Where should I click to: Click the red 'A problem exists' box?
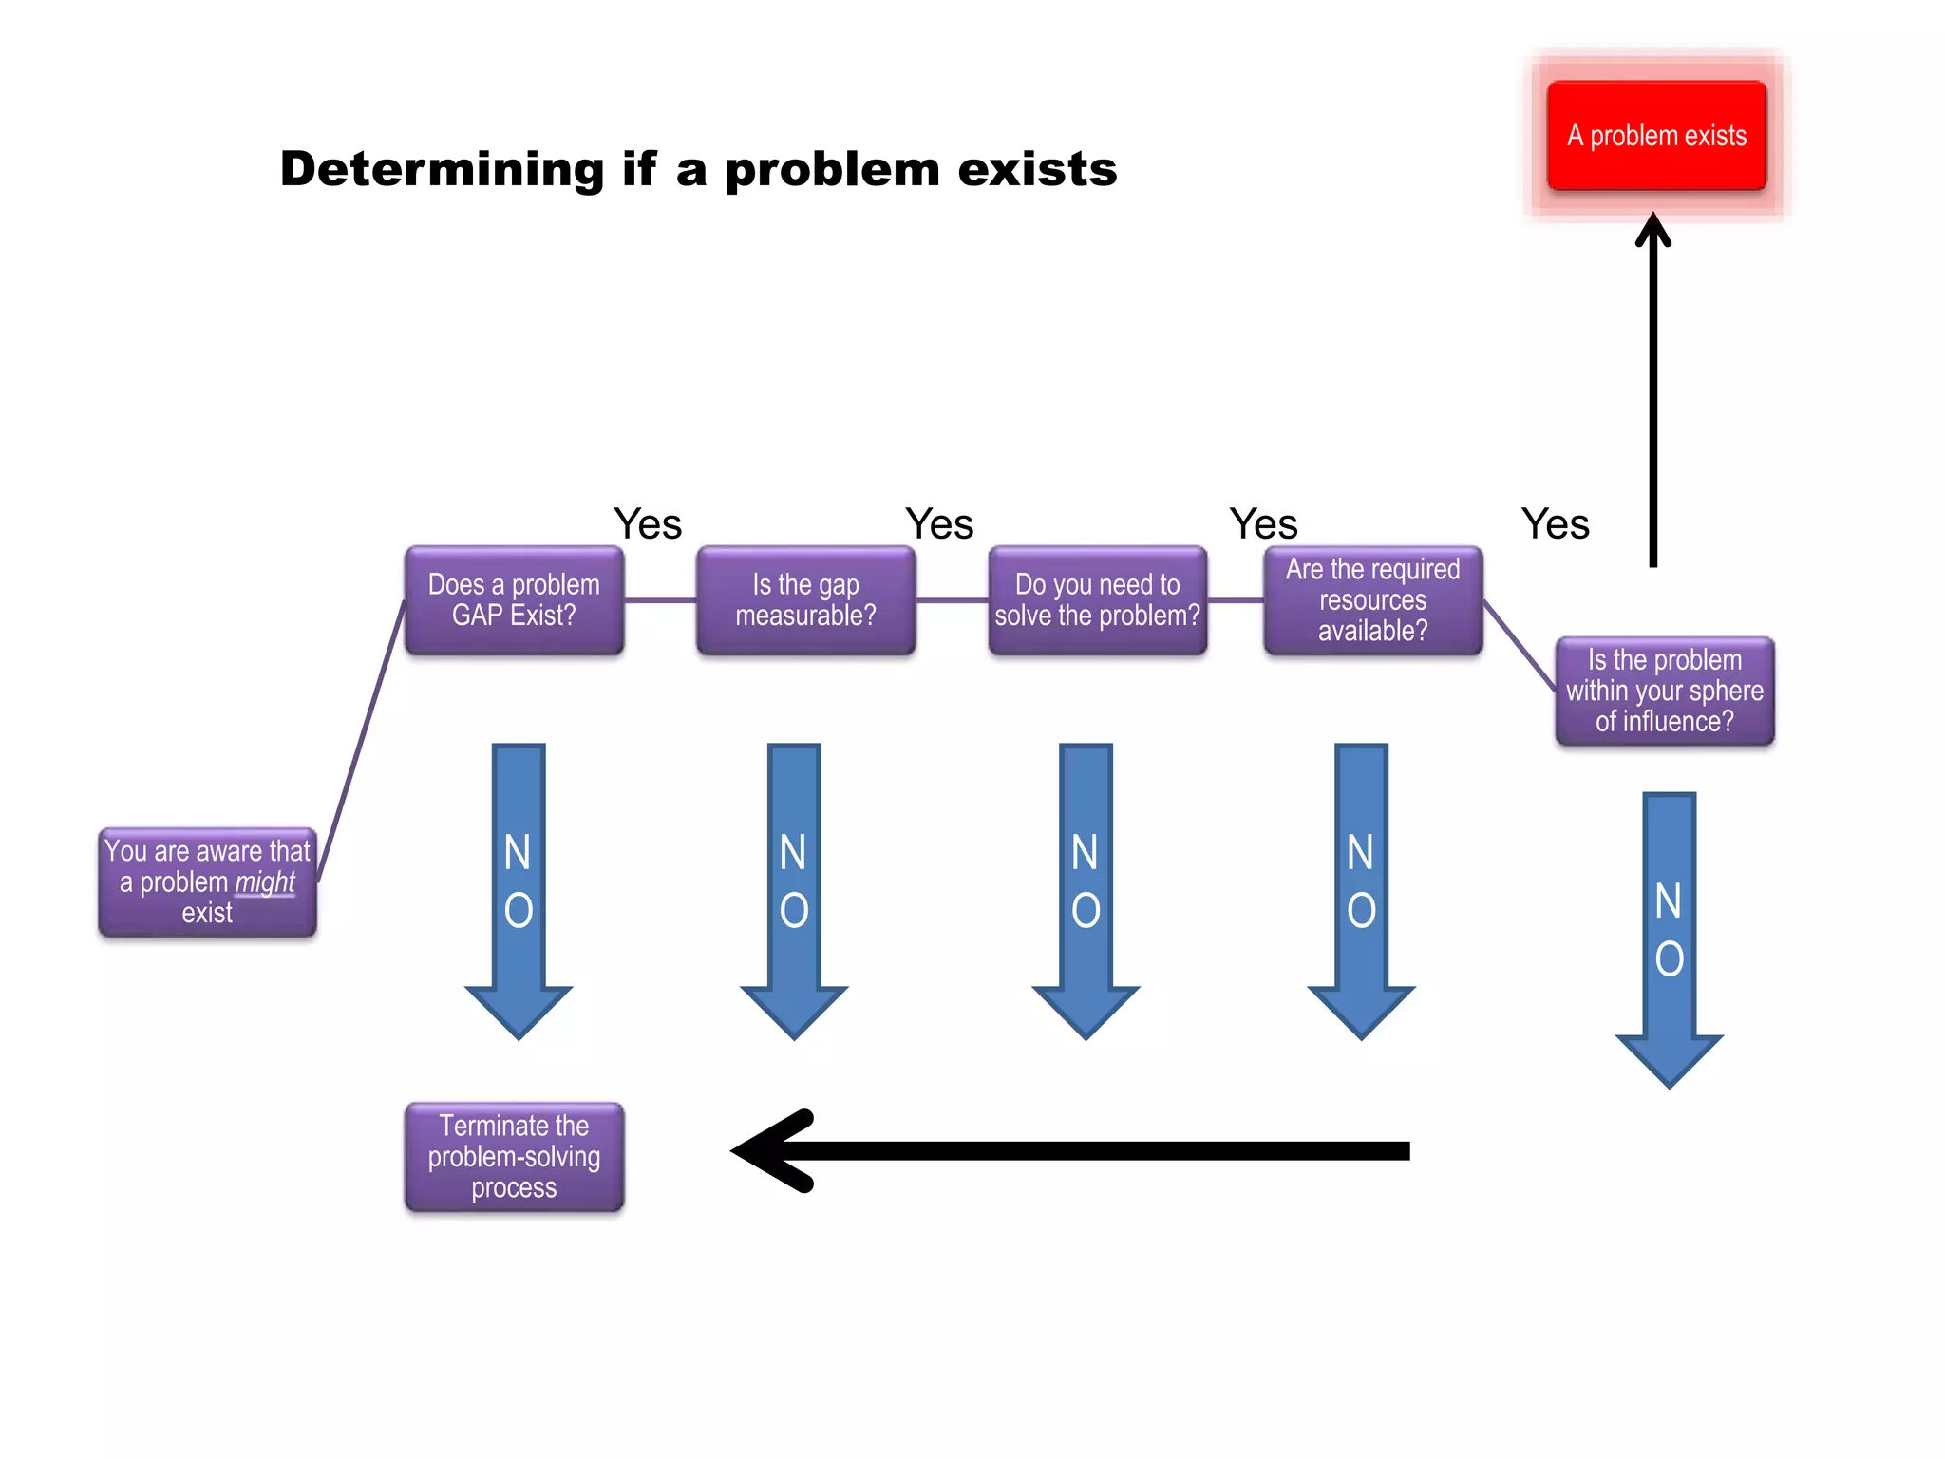tap(1656, 136)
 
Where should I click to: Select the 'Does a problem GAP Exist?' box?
tap(514, 600)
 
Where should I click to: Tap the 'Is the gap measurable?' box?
tap(805, 600)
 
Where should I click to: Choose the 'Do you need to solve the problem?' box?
tap(1097, 600)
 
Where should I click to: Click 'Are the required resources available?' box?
tap(1372, 600)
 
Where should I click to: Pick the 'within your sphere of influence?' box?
tap(1664, 692)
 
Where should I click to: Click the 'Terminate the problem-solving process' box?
tap(514, 1157)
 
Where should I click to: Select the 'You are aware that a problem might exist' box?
tap(207, 882)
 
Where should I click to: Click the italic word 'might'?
tap(265, 882)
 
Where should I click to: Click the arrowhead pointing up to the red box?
tap(1653, 228)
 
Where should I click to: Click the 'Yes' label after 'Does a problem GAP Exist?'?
tap(648, 524)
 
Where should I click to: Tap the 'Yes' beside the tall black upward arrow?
tap(1555, 524)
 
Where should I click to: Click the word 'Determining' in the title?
tap(442, 169)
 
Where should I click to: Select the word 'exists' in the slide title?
tap(1037, 169)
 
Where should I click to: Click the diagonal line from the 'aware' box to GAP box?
tap(361, 741)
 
